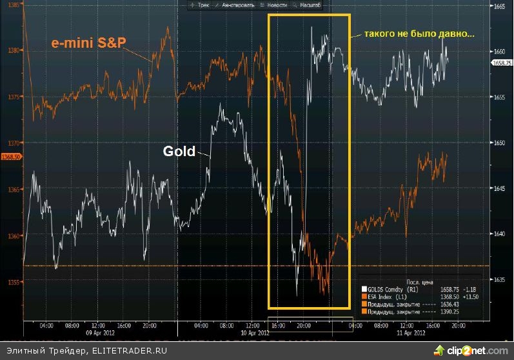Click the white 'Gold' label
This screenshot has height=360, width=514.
pos(178,151)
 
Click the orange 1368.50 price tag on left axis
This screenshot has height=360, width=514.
pos(12,156)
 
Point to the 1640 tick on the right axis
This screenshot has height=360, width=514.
pos(499,234)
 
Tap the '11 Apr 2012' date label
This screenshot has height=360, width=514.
pos(410,334)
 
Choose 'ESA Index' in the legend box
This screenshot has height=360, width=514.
pos(381,296)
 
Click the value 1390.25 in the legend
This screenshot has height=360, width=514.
pos(440,312)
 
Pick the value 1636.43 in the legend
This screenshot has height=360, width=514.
pos(440,304)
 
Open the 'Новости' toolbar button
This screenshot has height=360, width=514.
pos(275,5)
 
